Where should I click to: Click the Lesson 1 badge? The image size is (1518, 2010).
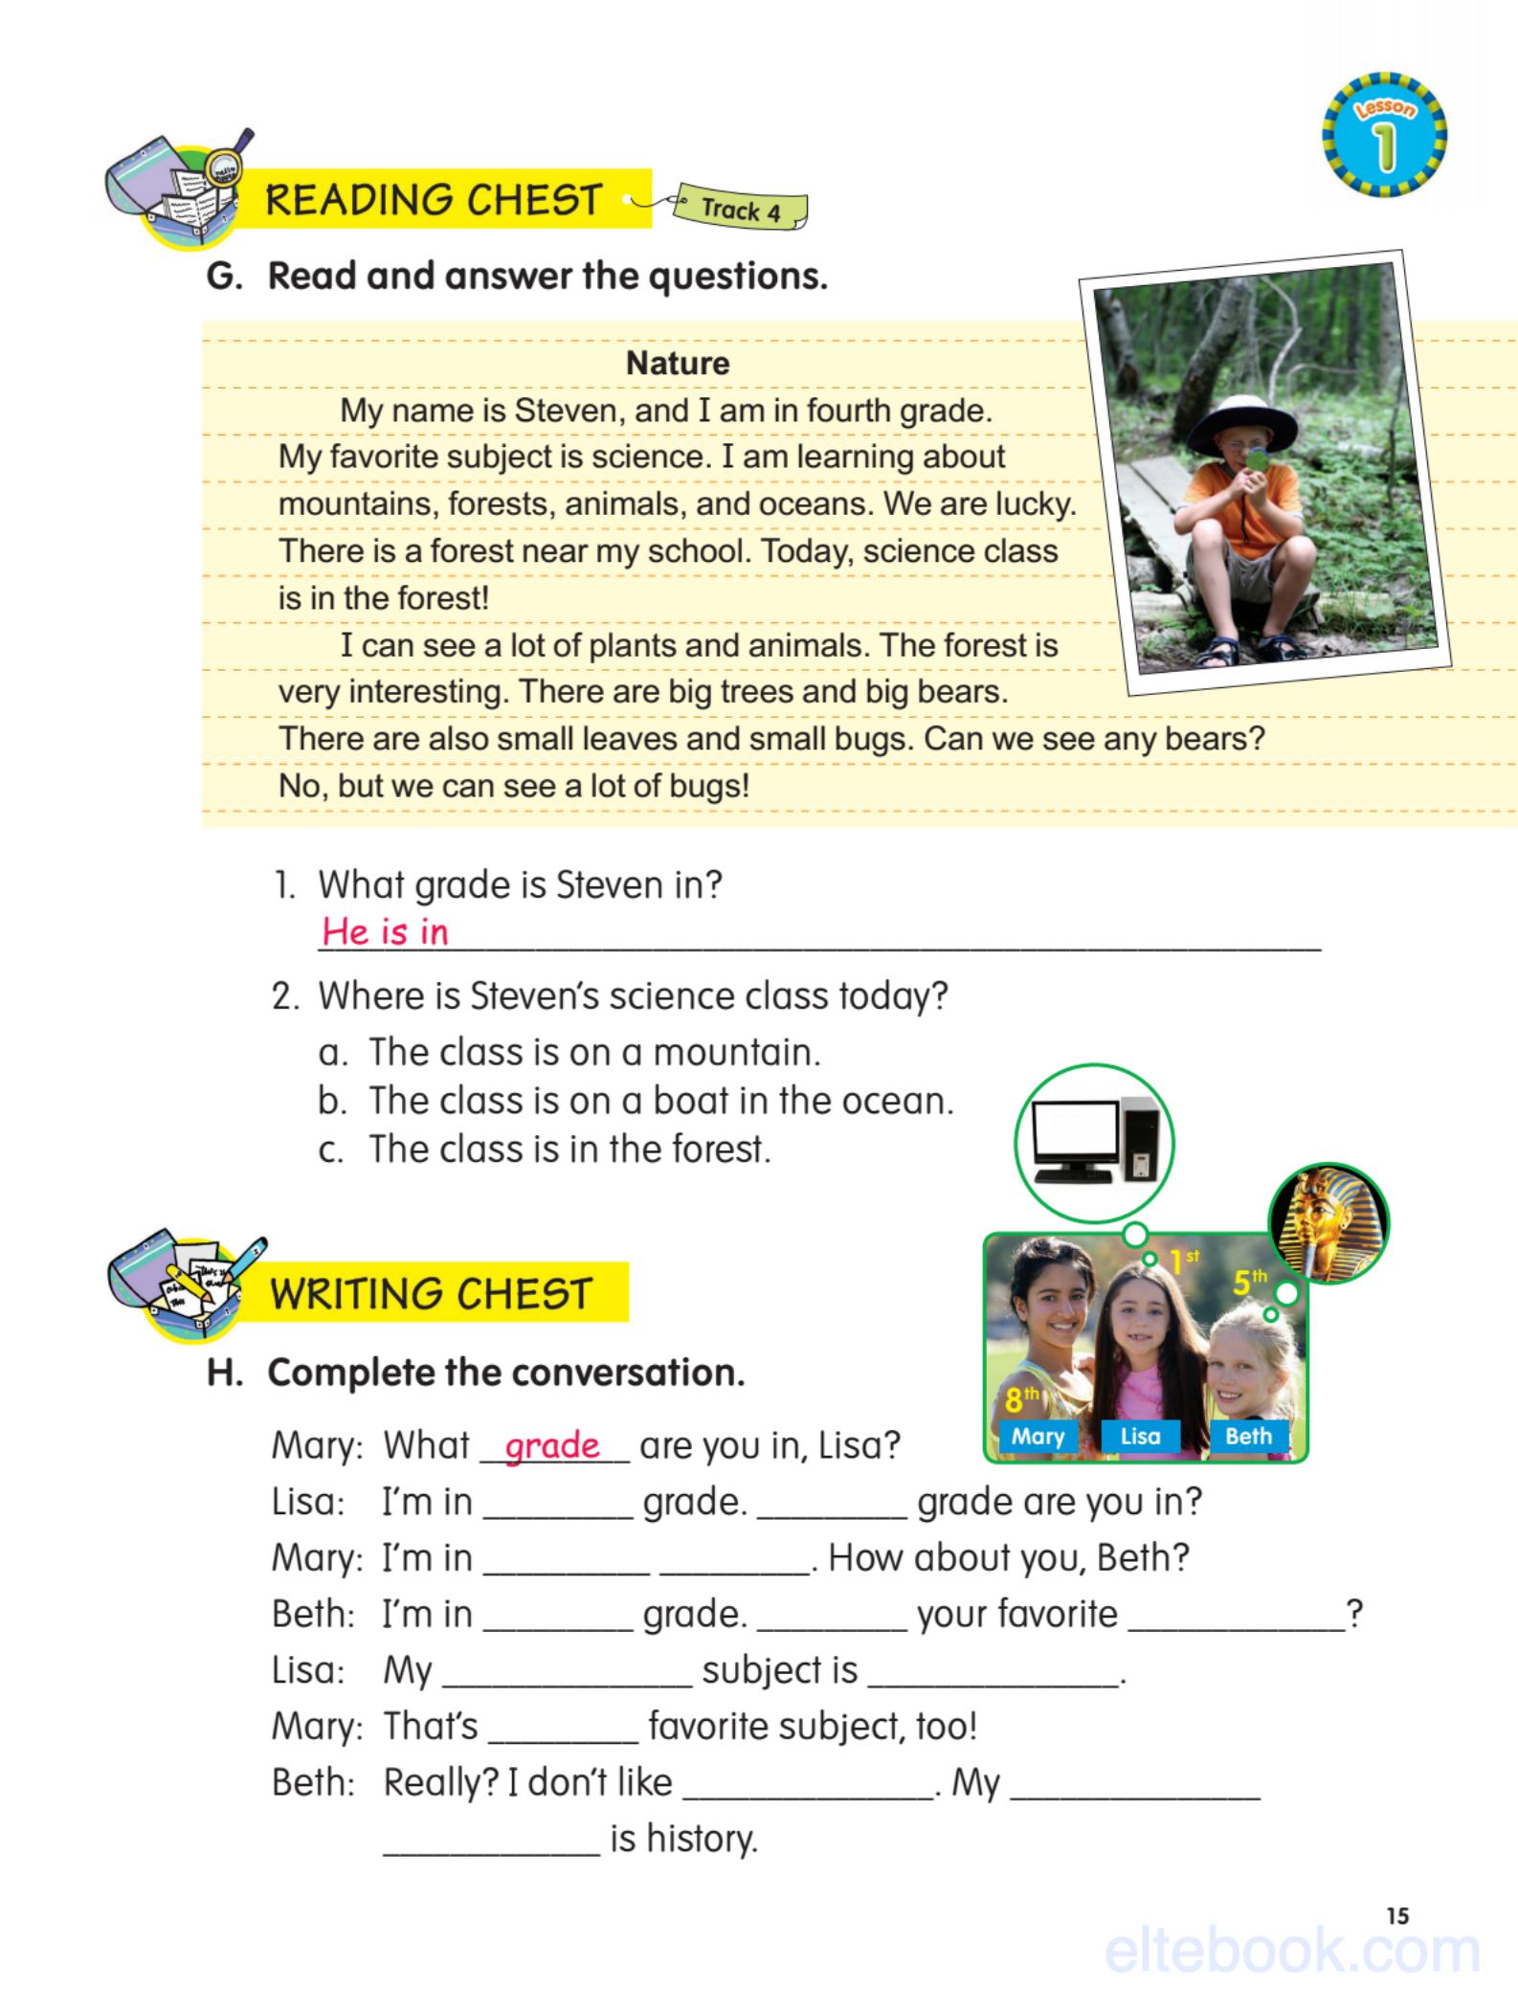tap(1384, 135)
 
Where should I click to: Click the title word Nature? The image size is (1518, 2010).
tap(677, 364)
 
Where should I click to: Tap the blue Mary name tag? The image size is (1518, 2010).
tap(1037, 1436)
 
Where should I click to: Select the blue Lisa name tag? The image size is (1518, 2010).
tap(1140, 1436)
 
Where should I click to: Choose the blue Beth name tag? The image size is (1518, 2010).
tap(1247, 1436)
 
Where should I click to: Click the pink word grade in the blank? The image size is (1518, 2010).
tap(552, 1445)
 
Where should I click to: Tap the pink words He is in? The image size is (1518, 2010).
tap(385, 931)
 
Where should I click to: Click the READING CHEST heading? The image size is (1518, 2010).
tap(433, 200)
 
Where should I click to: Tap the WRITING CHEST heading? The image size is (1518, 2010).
tap(431, 1294)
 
